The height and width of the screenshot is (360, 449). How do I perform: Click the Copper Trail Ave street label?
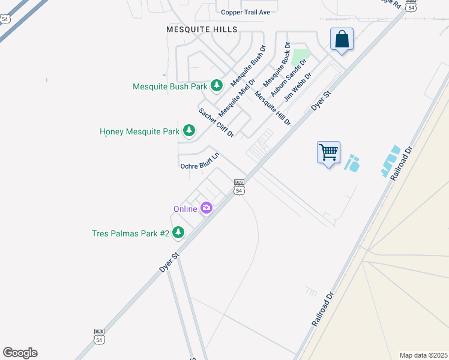(x=246, y=12)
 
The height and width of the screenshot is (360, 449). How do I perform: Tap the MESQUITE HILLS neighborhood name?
(x=202, y=29)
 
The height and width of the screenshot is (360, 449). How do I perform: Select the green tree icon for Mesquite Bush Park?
(x=217, y=86)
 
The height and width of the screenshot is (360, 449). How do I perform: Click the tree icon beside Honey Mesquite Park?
(x=189, y=131)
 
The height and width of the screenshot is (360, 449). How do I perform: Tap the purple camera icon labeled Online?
(x=207, y=209)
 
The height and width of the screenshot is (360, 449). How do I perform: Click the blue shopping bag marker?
(x=342, y=40)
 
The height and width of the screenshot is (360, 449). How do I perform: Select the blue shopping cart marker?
(x=328, y=152)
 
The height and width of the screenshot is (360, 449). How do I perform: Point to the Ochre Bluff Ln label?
(x=200, y=161)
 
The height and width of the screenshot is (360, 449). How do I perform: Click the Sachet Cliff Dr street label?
(x=216, y=122)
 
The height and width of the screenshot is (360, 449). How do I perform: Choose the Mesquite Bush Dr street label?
(x=248, y=65)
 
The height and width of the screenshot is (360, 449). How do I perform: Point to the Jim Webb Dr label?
(x=298, y=88)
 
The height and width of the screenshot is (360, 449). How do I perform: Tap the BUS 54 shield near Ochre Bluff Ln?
(x=239, y=187)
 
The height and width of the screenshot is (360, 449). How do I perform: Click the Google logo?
(x=20, y=353)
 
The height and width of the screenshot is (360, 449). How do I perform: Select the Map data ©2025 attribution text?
(x=423, y=355)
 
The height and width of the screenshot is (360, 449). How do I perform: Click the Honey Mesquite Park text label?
(x=139, y=131)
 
